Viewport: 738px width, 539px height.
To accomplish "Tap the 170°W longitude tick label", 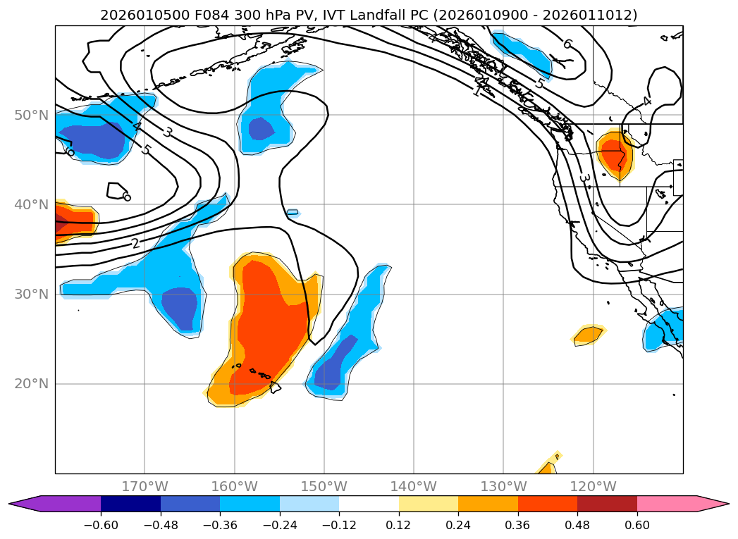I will (144, 486).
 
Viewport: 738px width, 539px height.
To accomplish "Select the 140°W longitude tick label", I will (413, 486).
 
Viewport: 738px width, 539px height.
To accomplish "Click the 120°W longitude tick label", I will (593, 486).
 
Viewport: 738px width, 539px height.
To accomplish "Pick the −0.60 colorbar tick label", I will (100, 525).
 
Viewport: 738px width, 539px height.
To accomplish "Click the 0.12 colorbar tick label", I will (399, 525).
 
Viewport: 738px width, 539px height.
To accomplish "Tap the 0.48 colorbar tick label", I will (577, 525).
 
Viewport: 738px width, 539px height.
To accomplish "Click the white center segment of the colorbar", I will (369, 503).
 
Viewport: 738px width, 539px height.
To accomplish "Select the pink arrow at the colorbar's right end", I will (713, 503).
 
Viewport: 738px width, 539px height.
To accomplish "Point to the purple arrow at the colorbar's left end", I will (24, 503).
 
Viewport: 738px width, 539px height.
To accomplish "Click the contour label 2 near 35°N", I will (135, 244).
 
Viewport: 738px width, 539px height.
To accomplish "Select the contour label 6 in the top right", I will (567, 44).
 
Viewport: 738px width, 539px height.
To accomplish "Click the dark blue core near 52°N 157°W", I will (261, 128).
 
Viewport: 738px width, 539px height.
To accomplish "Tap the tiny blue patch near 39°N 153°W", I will (293, 212).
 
